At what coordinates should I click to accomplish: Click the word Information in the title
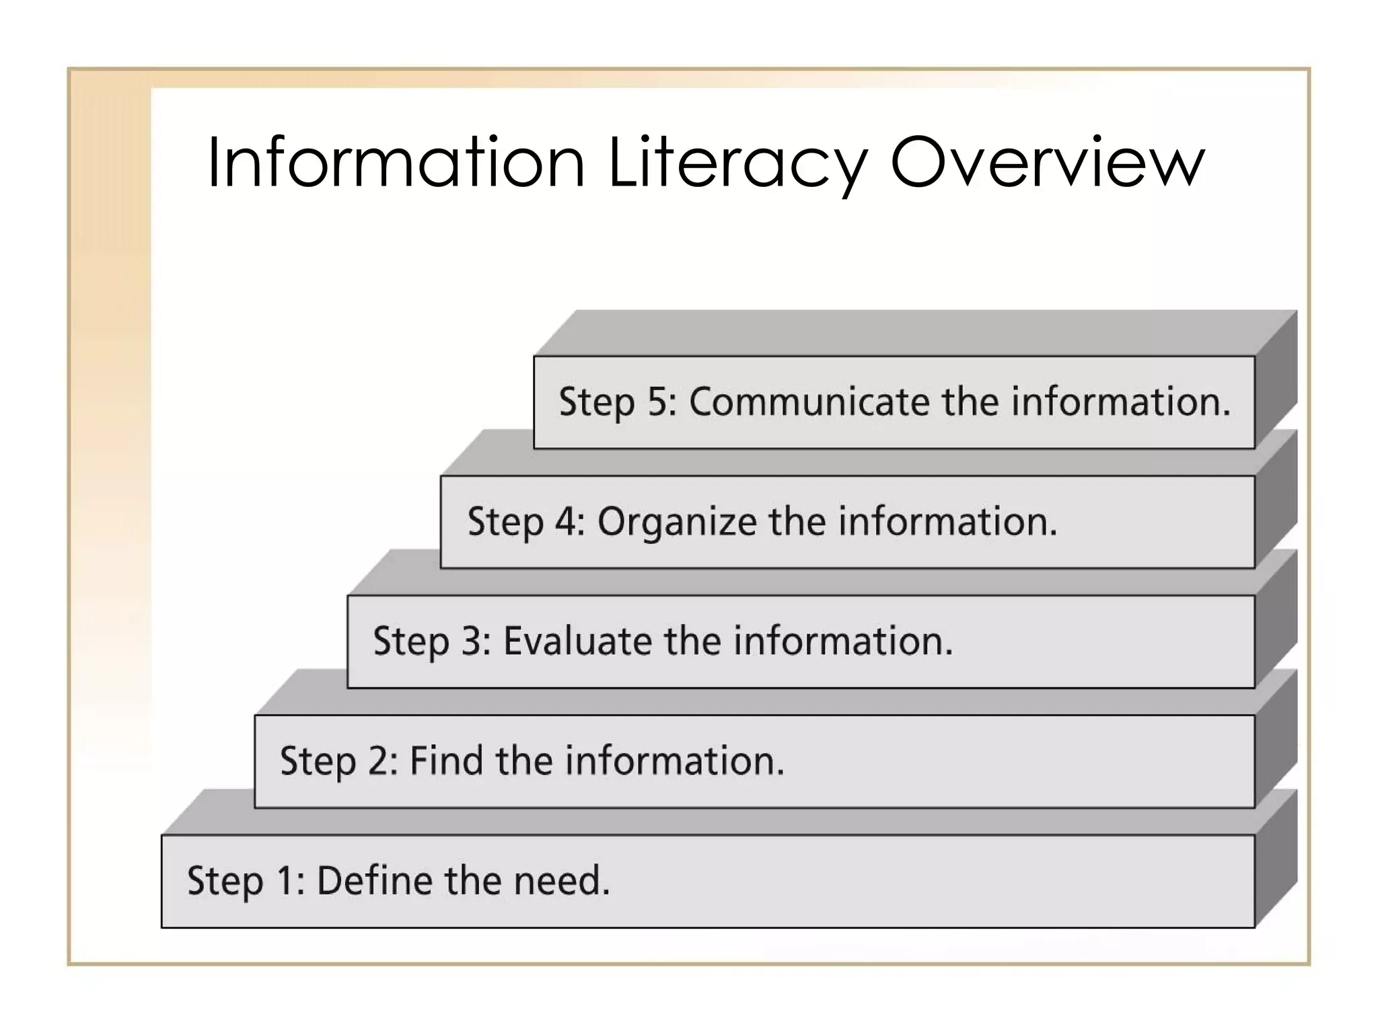coord(396,163)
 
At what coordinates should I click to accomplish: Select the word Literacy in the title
coord(737,163)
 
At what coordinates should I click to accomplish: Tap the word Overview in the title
coord(1047,163)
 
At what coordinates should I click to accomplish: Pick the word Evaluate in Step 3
coord(577,641)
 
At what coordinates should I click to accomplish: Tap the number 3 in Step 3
coord(472,641)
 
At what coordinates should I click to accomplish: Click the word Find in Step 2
coord(446,761)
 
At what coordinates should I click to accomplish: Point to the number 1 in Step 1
coord(286,880)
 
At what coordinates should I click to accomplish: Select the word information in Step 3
coord(843,641)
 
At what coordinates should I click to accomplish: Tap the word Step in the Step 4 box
coord(505,522)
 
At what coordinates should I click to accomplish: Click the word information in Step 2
coord(674,761)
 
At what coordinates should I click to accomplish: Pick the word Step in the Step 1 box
coord(225,880)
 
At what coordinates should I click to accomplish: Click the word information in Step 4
coord(948,522)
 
